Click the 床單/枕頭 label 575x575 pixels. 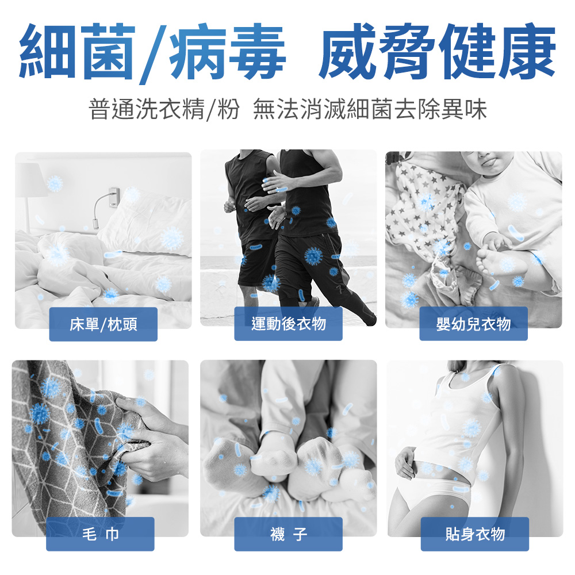103,324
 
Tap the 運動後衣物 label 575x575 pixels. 288,324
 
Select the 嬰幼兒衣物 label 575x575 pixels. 473,324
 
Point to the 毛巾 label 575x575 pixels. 100,534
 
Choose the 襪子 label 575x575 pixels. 288,534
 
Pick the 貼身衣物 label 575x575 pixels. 475,534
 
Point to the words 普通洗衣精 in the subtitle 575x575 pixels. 146,109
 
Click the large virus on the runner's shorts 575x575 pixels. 313,256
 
